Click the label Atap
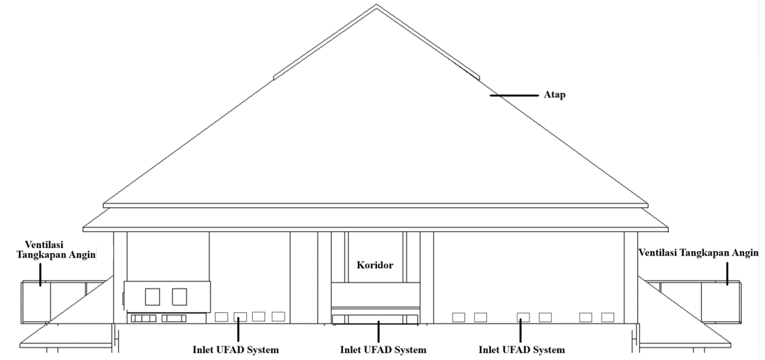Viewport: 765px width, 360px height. [555, 96]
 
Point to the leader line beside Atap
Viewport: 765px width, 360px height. [516, 96]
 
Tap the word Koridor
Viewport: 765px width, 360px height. [374, 266]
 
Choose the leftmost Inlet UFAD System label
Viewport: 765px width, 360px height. [236, 350]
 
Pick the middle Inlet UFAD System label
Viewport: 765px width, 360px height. [383, 350]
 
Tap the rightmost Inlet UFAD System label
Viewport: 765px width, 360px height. [521, 350]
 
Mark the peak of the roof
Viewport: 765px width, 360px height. [376, 5]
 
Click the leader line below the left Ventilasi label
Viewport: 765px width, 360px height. [40, 274]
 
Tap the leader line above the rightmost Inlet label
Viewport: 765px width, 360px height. [520, 330]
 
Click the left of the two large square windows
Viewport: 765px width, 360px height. [152, 297]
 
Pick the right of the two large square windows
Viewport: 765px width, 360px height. [179, 297]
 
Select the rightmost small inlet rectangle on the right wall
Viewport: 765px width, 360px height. [607, 317]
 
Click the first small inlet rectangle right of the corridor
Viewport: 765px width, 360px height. [459, 317]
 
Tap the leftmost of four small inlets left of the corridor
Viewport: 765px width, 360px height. [221, 317]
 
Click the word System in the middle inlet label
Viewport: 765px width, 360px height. [412, 350]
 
